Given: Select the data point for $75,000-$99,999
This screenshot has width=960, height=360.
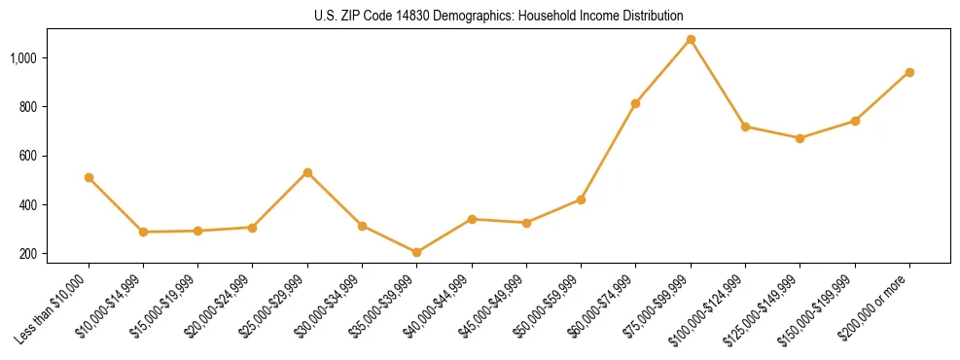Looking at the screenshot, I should [x=691, y=40].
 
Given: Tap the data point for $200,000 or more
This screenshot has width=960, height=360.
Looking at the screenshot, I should [x=909, y=72].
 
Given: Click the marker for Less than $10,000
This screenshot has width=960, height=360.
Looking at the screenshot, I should [x=89, y=178].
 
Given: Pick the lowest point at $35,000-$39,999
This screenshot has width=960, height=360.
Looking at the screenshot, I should [x=417, y=253].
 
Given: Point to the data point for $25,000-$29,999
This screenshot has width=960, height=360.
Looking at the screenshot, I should [x=307, y=173].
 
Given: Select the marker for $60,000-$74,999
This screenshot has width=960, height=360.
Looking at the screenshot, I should [x=635, y=103].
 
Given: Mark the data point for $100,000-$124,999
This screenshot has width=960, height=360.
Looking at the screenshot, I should [x=745, y=126].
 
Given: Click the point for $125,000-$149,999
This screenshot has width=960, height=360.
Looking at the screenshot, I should [x=800, y=138].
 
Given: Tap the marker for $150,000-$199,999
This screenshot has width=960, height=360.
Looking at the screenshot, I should [x=855, y=121].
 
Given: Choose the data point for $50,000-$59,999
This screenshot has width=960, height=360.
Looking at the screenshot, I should [x=581, y=199].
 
